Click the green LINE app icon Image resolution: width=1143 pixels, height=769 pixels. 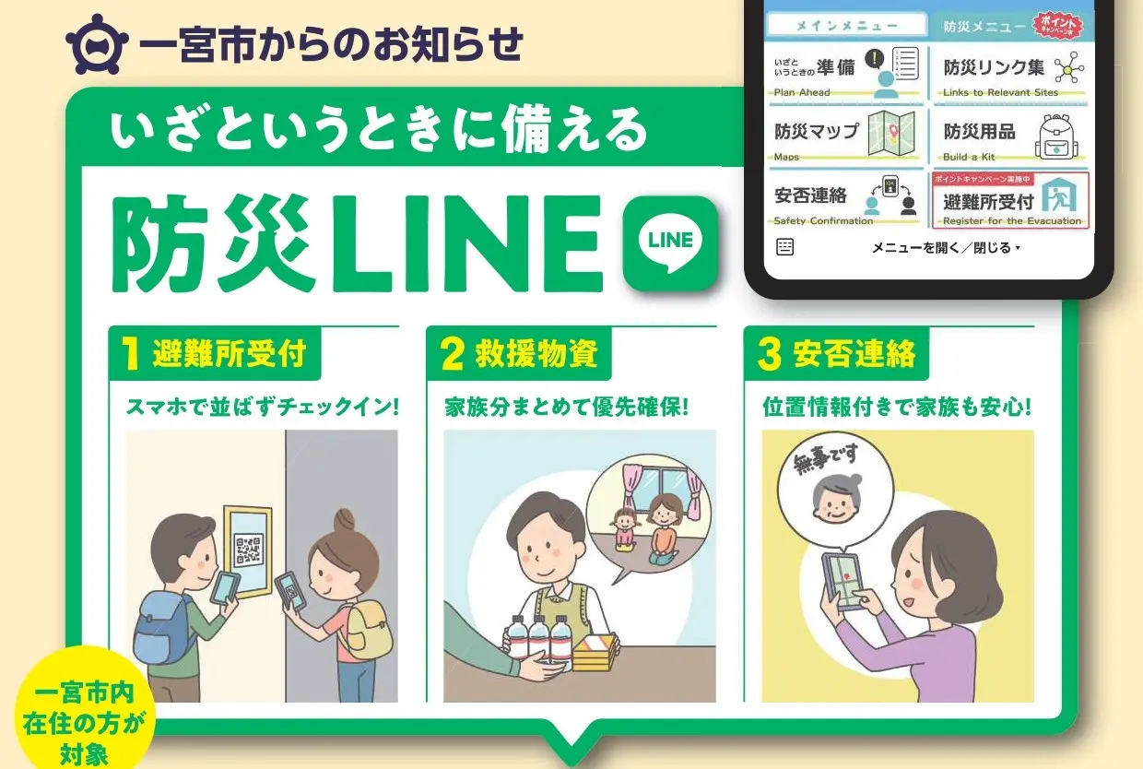(x=670, y=243)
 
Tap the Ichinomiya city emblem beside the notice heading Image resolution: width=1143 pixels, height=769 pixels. (x=97, y=44)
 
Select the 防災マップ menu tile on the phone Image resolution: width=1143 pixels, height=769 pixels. (x=845, y=136)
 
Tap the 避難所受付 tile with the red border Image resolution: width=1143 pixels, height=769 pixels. (x=1010, y=200)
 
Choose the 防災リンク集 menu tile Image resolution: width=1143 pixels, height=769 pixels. (x=1011, y=73)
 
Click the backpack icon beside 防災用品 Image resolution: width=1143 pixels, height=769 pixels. (x=1056, y=136)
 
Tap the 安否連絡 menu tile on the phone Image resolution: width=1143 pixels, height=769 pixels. (x=845, y=200)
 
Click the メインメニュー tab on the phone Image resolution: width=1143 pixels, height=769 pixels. (x=846, y=25)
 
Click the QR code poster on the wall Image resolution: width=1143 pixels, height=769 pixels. (x=248, y=551)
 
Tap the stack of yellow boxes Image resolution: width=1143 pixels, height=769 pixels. (x=596, y=653)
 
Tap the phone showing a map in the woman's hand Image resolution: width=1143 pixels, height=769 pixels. (x=843, y=582)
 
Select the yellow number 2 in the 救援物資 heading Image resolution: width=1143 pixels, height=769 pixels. (x=452, y=354)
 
